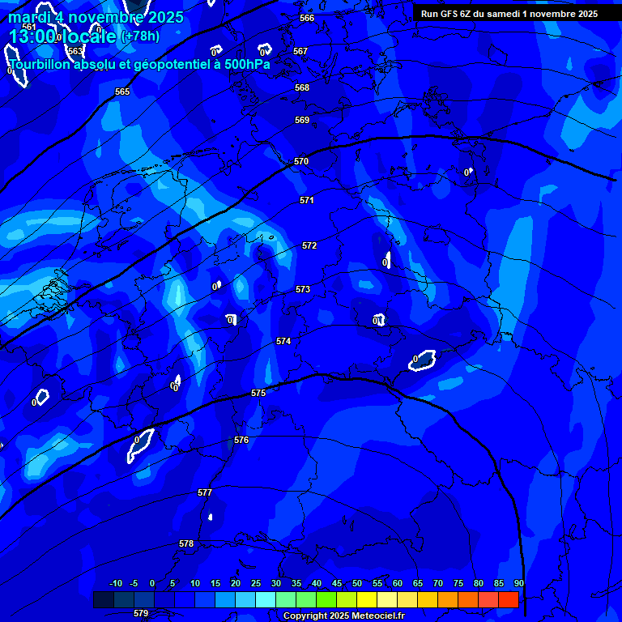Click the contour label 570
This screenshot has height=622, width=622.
click(x=301, y=161)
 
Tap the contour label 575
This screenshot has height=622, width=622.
click(x=258, y=393)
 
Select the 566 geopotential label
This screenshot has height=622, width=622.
click(x=307, y=18)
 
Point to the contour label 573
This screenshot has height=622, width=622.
click(x=303, y=289)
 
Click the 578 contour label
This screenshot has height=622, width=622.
click(x=186, y=543)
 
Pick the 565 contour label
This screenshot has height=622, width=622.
click(x=122, y=92)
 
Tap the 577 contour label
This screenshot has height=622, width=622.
click(x=205, y=492)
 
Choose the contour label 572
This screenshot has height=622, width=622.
click(x=309, y=245)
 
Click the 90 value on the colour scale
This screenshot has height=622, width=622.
click(x=518, y=583)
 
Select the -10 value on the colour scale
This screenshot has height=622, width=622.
click(x=115, y=583)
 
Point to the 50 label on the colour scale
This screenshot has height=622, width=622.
click(x=357, y=583)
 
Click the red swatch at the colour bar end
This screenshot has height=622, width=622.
click(x=508, y=599)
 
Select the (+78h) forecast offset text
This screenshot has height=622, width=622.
click(x=140, y=36)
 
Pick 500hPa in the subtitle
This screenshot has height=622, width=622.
click(x=247, y=64)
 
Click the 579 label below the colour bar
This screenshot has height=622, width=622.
click(x=141, y=613)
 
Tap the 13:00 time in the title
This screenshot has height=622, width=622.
click(x=32, y=36)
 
